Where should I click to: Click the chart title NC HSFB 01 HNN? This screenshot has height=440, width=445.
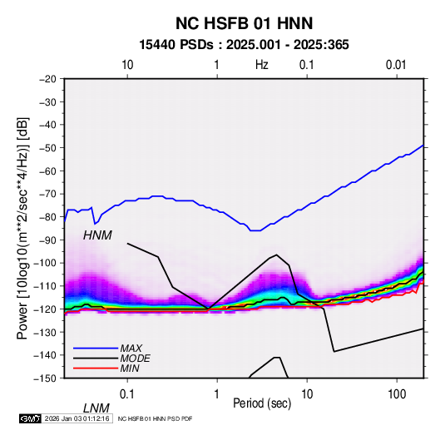tap(244, 23)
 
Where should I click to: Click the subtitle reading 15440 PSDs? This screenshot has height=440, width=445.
tap(176, 45)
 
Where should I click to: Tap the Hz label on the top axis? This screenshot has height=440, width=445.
tap(262, 65)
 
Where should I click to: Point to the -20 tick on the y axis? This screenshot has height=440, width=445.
tap(47, 79)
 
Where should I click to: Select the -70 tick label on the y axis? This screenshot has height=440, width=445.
tap(47, 194)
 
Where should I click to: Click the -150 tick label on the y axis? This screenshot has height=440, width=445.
tap(45, 378)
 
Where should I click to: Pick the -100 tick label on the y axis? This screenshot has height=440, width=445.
tap(45, 263)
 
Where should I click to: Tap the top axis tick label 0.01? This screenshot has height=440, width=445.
tap(396, 65)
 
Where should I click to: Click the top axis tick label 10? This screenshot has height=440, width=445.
tap(127, 65)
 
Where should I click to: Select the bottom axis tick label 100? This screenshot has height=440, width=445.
tap(397, 394)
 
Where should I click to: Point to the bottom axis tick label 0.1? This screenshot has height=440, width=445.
tap(126, 394)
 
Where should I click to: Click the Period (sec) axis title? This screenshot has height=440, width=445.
tap(262, 403)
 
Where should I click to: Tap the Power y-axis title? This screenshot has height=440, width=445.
tap(22, 229)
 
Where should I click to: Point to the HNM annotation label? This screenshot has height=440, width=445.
tap(97, 235)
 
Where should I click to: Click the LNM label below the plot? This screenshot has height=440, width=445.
tap(96, 408)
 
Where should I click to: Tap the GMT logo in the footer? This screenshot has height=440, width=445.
tap(31, 418)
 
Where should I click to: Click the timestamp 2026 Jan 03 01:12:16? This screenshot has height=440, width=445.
tap(77, 418)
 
